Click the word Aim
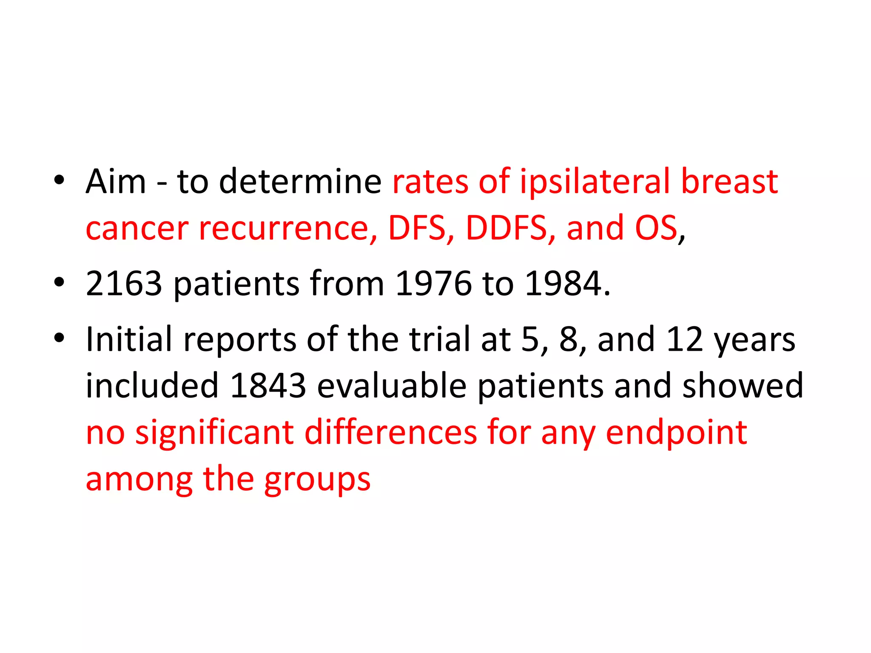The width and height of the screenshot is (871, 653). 116,182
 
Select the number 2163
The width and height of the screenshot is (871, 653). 124,284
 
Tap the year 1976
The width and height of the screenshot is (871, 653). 433,284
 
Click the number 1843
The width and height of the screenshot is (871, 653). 268,386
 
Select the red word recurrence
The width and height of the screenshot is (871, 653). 288,228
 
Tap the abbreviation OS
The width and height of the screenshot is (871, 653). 656,228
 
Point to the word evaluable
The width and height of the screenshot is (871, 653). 392,386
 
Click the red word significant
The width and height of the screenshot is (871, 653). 215,432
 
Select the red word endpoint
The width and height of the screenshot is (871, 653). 676,432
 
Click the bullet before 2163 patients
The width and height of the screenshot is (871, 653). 59,282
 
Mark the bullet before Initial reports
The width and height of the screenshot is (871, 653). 59,338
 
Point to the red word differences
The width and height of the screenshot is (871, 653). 391,432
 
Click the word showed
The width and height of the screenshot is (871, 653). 743,386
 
